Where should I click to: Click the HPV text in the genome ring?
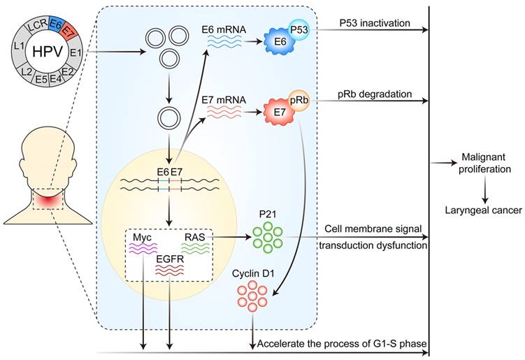click(x=45, y=52)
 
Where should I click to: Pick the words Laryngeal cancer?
click(x=484, y=209)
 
